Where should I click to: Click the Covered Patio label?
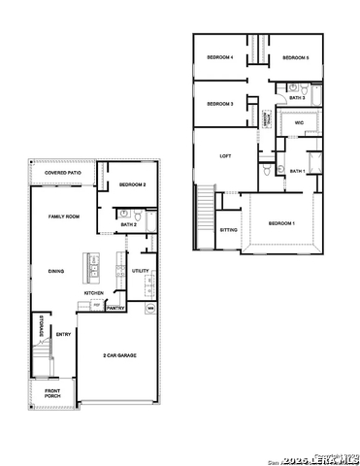tap(62, 173)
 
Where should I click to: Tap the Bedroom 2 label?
tap(133, 184)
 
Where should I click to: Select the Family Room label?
tap(63, 216)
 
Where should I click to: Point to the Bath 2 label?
tap(128, 224)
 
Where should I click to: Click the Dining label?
tap(56, 271)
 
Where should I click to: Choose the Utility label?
tap(140, 271)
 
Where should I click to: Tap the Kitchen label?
tap(93, 292)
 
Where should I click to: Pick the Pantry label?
tap(115, 308)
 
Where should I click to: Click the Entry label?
tap(63, 335)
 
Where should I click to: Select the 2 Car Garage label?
tap(119, 355)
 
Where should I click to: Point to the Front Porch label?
tap(52, 394)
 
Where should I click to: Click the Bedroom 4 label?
tap(220, 58)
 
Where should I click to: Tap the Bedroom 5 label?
tap(295, 58)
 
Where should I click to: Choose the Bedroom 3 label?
tap(220, 103)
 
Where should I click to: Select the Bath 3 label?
tap(297, 98)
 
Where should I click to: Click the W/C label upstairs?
tap(300, 123)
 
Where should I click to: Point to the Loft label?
tap(225, 155)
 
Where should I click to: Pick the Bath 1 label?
tap(297, 171)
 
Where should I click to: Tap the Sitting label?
tap(228, 230)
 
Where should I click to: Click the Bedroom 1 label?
tap(282, 223)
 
